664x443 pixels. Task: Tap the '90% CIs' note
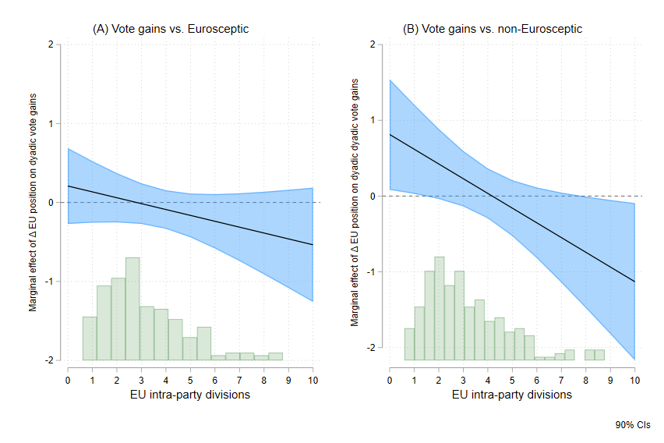click(632, 425)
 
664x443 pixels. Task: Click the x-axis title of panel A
click(190, 395)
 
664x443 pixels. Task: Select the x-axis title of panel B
click(512, 395)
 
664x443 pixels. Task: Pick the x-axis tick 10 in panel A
click(313, 380)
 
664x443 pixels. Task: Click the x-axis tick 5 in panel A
click(190, 380)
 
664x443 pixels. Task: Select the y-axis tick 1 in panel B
click(373, 120)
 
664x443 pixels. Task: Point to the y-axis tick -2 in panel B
click(371, 347)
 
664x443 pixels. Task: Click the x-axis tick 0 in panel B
click(389, 380)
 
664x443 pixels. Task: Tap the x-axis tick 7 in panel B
click(561, 380)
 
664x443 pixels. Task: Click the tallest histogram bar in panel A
click(132, 309)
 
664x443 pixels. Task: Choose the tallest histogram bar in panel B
click(439, 309)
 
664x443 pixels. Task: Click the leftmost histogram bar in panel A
click(90, 338)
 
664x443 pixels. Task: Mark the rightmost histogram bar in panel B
click(599, 355)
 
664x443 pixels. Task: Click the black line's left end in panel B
click(389, 134)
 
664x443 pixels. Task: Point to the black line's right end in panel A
click(313, 245)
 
